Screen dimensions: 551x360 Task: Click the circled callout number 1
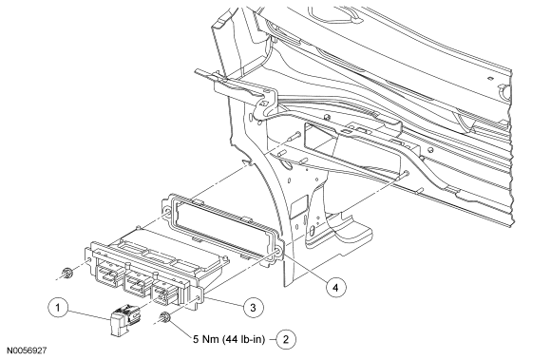click(58, 308)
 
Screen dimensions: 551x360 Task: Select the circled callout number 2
click(286, 339)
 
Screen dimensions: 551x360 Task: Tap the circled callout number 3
click(253, 308)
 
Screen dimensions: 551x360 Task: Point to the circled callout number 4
click(335, 287)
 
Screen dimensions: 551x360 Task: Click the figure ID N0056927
click(27, 351)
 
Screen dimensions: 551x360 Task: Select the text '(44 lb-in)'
click(243, 339)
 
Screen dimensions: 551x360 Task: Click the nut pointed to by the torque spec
click(164, 318)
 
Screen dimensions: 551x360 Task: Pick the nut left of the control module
click(66, 274)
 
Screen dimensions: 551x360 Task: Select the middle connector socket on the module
click(138, 284)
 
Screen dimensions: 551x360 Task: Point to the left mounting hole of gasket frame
click(168, 210)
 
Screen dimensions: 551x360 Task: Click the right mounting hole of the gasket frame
click(277, 252)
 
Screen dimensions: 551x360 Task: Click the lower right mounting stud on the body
click(404, 175)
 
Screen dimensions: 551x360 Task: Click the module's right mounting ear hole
click(199, 299)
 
